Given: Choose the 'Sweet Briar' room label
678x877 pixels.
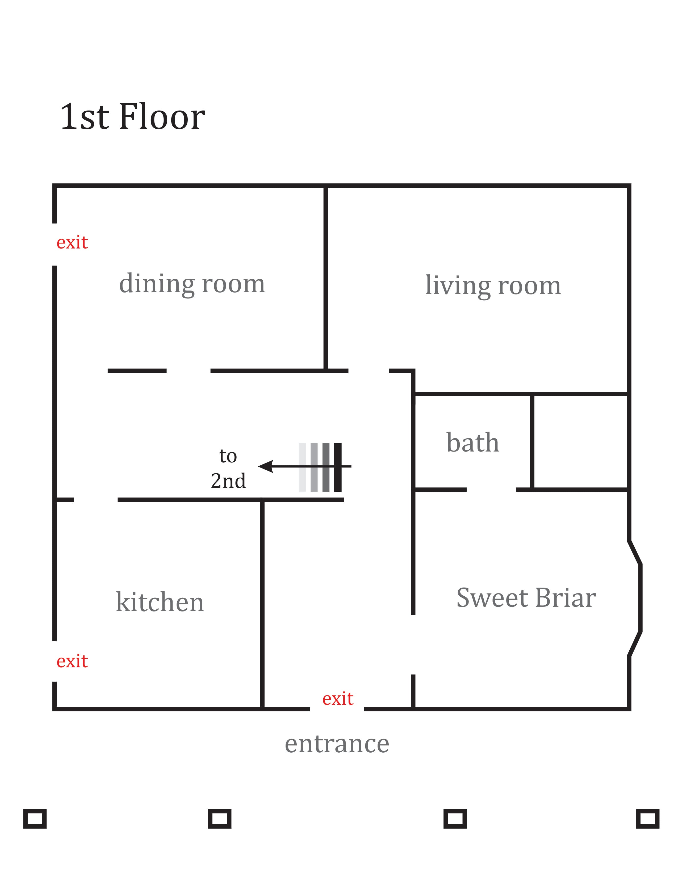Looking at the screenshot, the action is tap(526, 597).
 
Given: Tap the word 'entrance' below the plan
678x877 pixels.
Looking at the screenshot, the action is tap(337, 744).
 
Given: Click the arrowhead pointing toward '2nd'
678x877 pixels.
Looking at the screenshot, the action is tap(266, 466).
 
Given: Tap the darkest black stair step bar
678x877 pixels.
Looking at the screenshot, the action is tap(338, 467).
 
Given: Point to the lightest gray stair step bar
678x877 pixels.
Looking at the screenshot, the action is tap(302, 467).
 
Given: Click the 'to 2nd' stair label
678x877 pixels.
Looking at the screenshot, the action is tap(228, 468).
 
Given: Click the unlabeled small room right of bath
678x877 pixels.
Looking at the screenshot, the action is tap(580, 442).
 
